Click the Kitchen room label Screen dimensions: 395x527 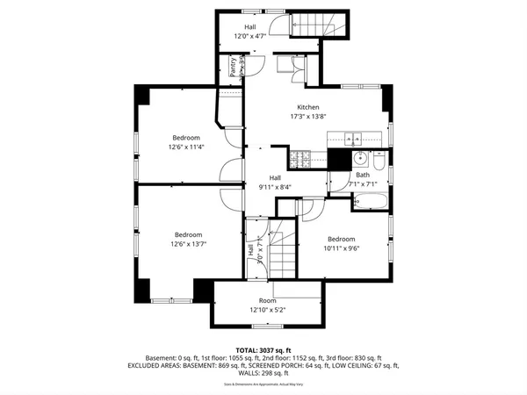(307, 107)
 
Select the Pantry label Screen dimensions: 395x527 (233, 68)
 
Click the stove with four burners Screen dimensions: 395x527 (302, 158)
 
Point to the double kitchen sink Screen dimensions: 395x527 (355, 138)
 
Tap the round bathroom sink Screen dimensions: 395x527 (359, 159)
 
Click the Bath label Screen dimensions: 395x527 (362, 176)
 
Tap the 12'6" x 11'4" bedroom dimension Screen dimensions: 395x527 (186, 147)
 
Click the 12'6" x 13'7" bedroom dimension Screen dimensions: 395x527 (188, 244)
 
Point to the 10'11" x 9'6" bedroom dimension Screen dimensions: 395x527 (341, 248)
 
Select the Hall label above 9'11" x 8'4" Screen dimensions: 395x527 (275, 177)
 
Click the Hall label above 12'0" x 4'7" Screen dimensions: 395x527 (249, 28)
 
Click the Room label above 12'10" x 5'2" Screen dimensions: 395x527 (267, 300)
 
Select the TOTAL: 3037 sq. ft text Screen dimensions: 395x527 (263, 350)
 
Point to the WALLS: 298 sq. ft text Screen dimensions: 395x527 (263, 372)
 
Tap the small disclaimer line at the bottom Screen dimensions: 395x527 (263, 384)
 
